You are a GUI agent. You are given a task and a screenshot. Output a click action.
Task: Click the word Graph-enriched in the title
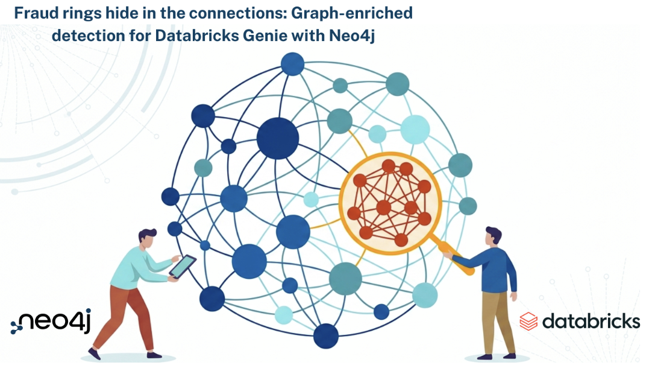(352, 14)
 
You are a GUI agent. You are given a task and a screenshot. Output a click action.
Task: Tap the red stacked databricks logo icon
(528, 322)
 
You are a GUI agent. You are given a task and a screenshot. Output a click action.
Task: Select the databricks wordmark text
(591, 322)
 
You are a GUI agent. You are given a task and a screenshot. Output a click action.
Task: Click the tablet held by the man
(183, 266)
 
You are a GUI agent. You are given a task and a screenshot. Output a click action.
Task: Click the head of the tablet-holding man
(148, 239)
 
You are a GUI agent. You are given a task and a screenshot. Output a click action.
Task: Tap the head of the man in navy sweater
(493, 236)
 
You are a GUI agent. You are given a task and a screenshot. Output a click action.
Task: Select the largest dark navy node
(278, 138)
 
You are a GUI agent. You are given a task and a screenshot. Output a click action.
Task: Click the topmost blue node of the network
(292, 65)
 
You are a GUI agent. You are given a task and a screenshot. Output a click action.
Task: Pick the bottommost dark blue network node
(326, 335)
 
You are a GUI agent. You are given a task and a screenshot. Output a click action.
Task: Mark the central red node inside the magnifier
(384, 207)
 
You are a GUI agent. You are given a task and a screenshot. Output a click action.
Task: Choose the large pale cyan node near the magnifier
(415, 129)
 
